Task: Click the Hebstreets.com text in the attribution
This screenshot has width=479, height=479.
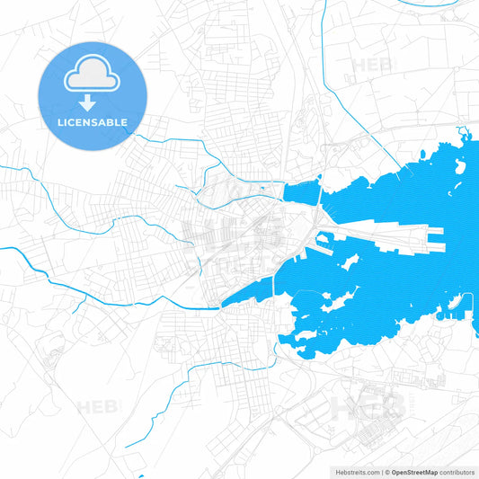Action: (x=356, y=472)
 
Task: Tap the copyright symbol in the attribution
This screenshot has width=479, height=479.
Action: (x=387, y=472)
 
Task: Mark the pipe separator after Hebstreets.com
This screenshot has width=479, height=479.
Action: (x=382, y=472)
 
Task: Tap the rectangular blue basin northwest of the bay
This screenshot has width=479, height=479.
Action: (x=302, y=191)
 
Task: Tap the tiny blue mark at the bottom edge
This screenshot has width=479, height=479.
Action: (x=141, y=476)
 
